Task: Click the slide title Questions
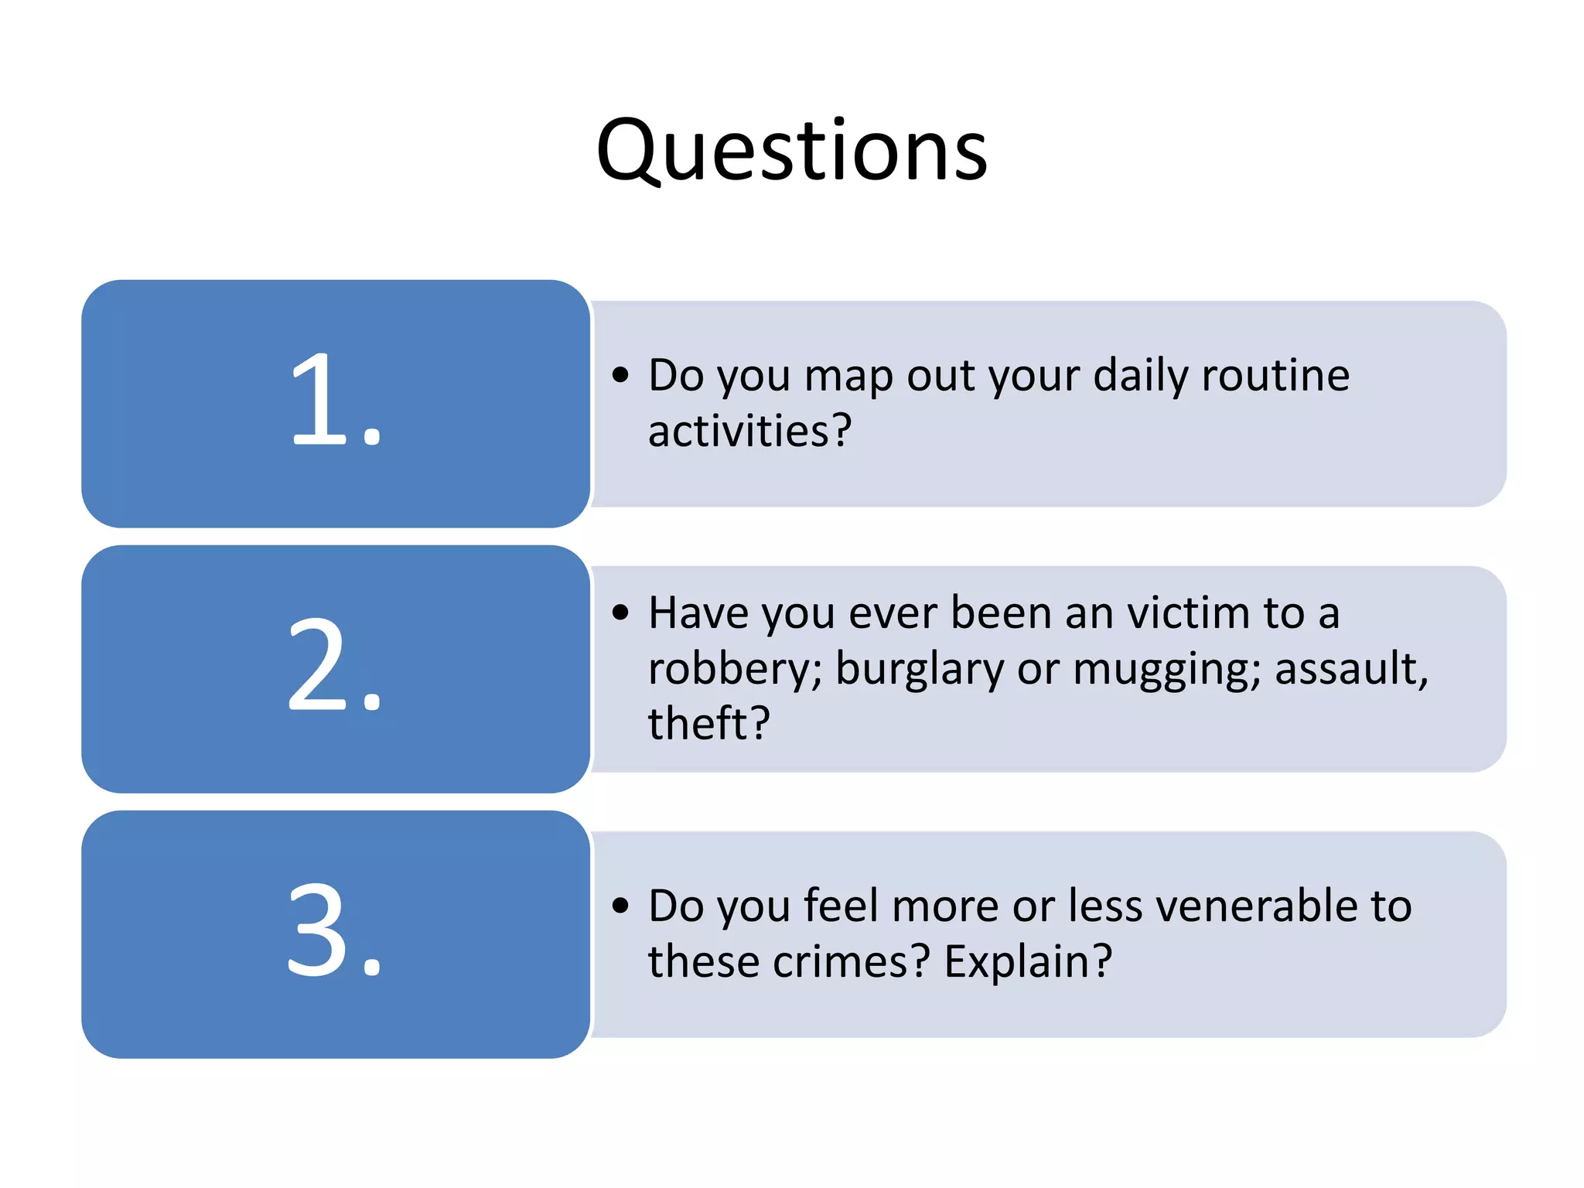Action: (x=792, y=151)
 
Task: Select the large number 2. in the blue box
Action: (x=336, y=667)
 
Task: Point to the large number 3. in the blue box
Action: (x=336, y=932)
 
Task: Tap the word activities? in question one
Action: (x=749, y=431)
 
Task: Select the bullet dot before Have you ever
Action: (x=620, y=613)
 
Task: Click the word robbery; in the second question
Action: (x=736, y=670)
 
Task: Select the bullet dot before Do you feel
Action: (x=620, y=906)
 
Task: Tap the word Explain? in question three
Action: (x=1028, y=963)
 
